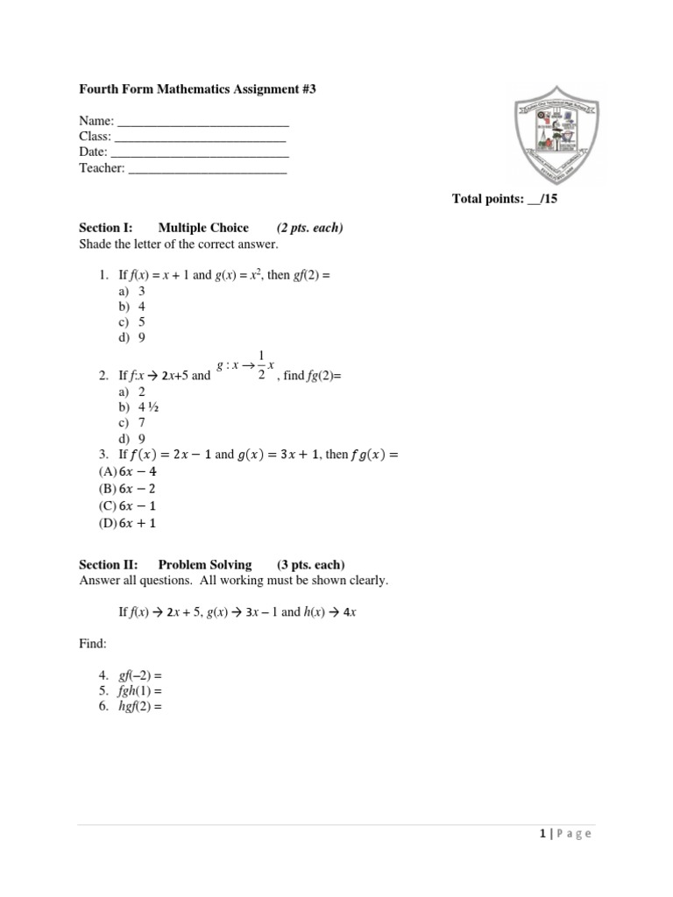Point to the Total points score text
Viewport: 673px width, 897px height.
click(x=505, y=199)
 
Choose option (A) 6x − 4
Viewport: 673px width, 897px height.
click(x=118, y=471)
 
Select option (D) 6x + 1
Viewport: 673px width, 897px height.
click(x=118, y=524)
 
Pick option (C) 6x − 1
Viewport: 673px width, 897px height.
click(x=118, y=506)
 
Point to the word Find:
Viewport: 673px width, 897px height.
click(x=93, y=644)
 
